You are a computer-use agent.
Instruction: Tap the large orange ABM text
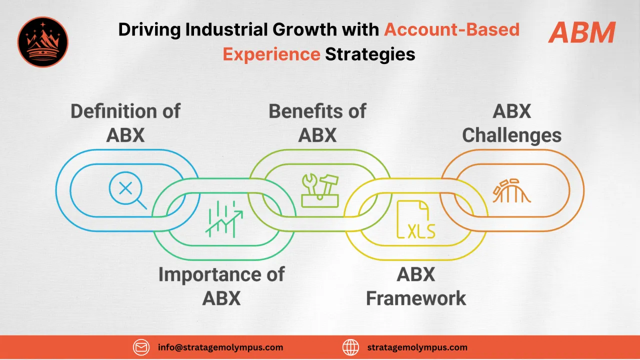(x=581, y=33)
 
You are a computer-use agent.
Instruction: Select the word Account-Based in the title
(x=451, y=30)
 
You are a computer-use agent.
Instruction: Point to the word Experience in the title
(x=271, y=53)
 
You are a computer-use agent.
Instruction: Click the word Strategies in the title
(x=370, y=53)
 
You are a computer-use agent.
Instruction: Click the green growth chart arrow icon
(x=223, y=220)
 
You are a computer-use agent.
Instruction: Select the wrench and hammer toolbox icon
(x=320, y=190)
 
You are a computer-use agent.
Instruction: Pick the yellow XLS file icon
(x=415, y=219)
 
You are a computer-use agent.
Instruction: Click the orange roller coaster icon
(x=511, y=190)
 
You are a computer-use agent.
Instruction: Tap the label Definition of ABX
(x=125, y=122)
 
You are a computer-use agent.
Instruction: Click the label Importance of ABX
(x=221, y=286)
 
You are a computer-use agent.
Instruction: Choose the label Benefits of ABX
(x=317, y=122)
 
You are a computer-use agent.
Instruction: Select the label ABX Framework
(x=416, y=286)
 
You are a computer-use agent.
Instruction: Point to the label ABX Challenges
(x=511, y=122)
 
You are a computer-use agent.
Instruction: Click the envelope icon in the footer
(x=141, y=347)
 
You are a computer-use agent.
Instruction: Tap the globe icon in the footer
(x=351, y=347)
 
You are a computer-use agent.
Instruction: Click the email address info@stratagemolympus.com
(x=220, y=347)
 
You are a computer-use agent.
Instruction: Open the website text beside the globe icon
(x=417, y=347)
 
